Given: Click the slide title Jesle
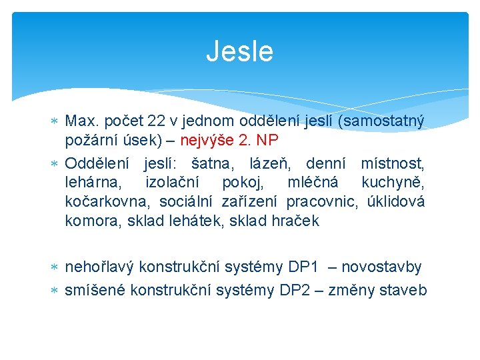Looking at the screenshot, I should [239, 51].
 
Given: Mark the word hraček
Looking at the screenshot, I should [293, 221].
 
